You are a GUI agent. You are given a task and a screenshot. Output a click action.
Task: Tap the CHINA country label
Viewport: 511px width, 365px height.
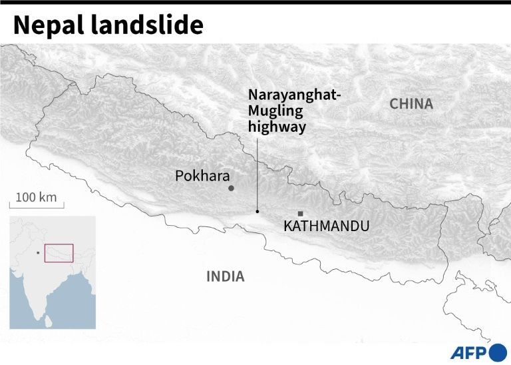tap(411, 104)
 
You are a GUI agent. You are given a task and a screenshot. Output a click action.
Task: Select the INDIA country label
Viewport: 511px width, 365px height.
tap(225, 276)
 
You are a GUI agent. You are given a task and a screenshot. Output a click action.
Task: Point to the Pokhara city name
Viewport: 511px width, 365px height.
tap(202, 176)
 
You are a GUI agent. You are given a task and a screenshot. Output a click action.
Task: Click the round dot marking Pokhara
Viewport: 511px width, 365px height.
tap(232, 188)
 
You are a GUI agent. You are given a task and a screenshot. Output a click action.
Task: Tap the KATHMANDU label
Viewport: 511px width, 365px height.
tap(326, 226)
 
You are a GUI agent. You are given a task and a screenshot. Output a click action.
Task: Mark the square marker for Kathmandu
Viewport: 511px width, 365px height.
tap(300, 214)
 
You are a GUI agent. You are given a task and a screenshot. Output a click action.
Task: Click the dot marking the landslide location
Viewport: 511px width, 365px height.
tap(257, 212)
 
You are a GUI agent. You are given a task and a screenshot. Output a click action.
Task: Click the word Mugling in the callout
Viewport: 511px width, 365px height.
tap(275, 111)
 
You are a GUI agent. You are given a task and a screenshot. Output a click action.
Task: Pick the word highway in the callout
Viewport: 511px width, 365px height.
tap(277, 127)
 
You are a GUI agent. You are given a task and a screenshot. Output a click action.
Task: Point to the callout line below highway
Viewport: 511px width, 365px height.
tap(257, 173)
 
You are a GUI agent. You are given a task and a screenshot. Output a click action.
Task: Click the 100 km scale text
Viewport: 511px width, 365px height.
tap(37, 198)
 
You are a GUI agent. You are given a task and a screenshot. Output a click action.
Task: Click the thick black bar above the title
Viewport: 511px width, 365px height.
tap(255, 3)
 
